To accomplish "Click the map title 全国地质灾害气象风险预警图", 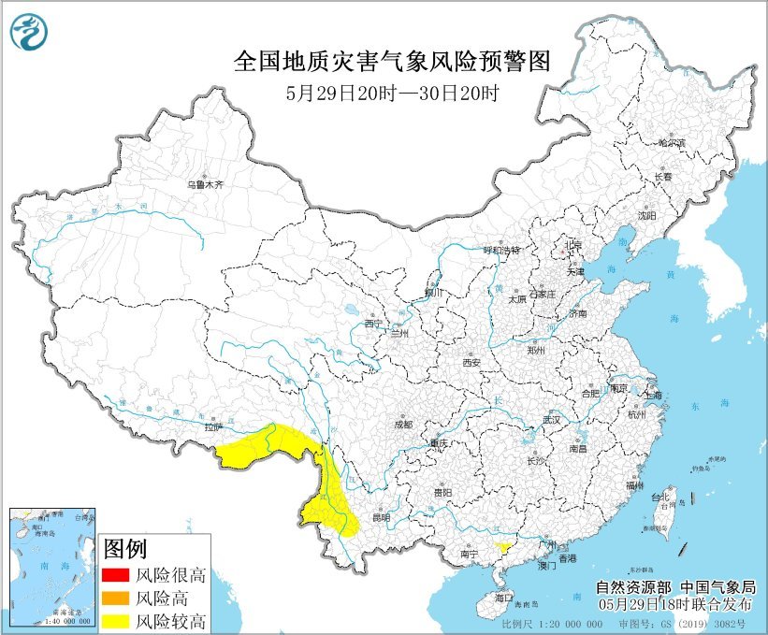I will pos(391,62).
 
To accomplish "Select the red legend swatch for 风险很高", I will pos(114,574).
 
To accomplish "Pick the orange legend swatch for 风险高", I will pos(114,598).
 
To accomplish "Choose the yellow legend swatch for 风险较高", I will pos(114,620).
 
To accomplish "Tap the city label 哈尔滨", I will pos(671,143).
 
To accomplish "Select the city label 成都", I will pos(402,424).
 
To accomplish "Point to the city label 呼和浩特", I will pos(500,251).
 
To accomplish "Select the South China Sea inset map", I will pos(52,567).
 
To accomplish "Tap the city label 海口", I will pos(504,597).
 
